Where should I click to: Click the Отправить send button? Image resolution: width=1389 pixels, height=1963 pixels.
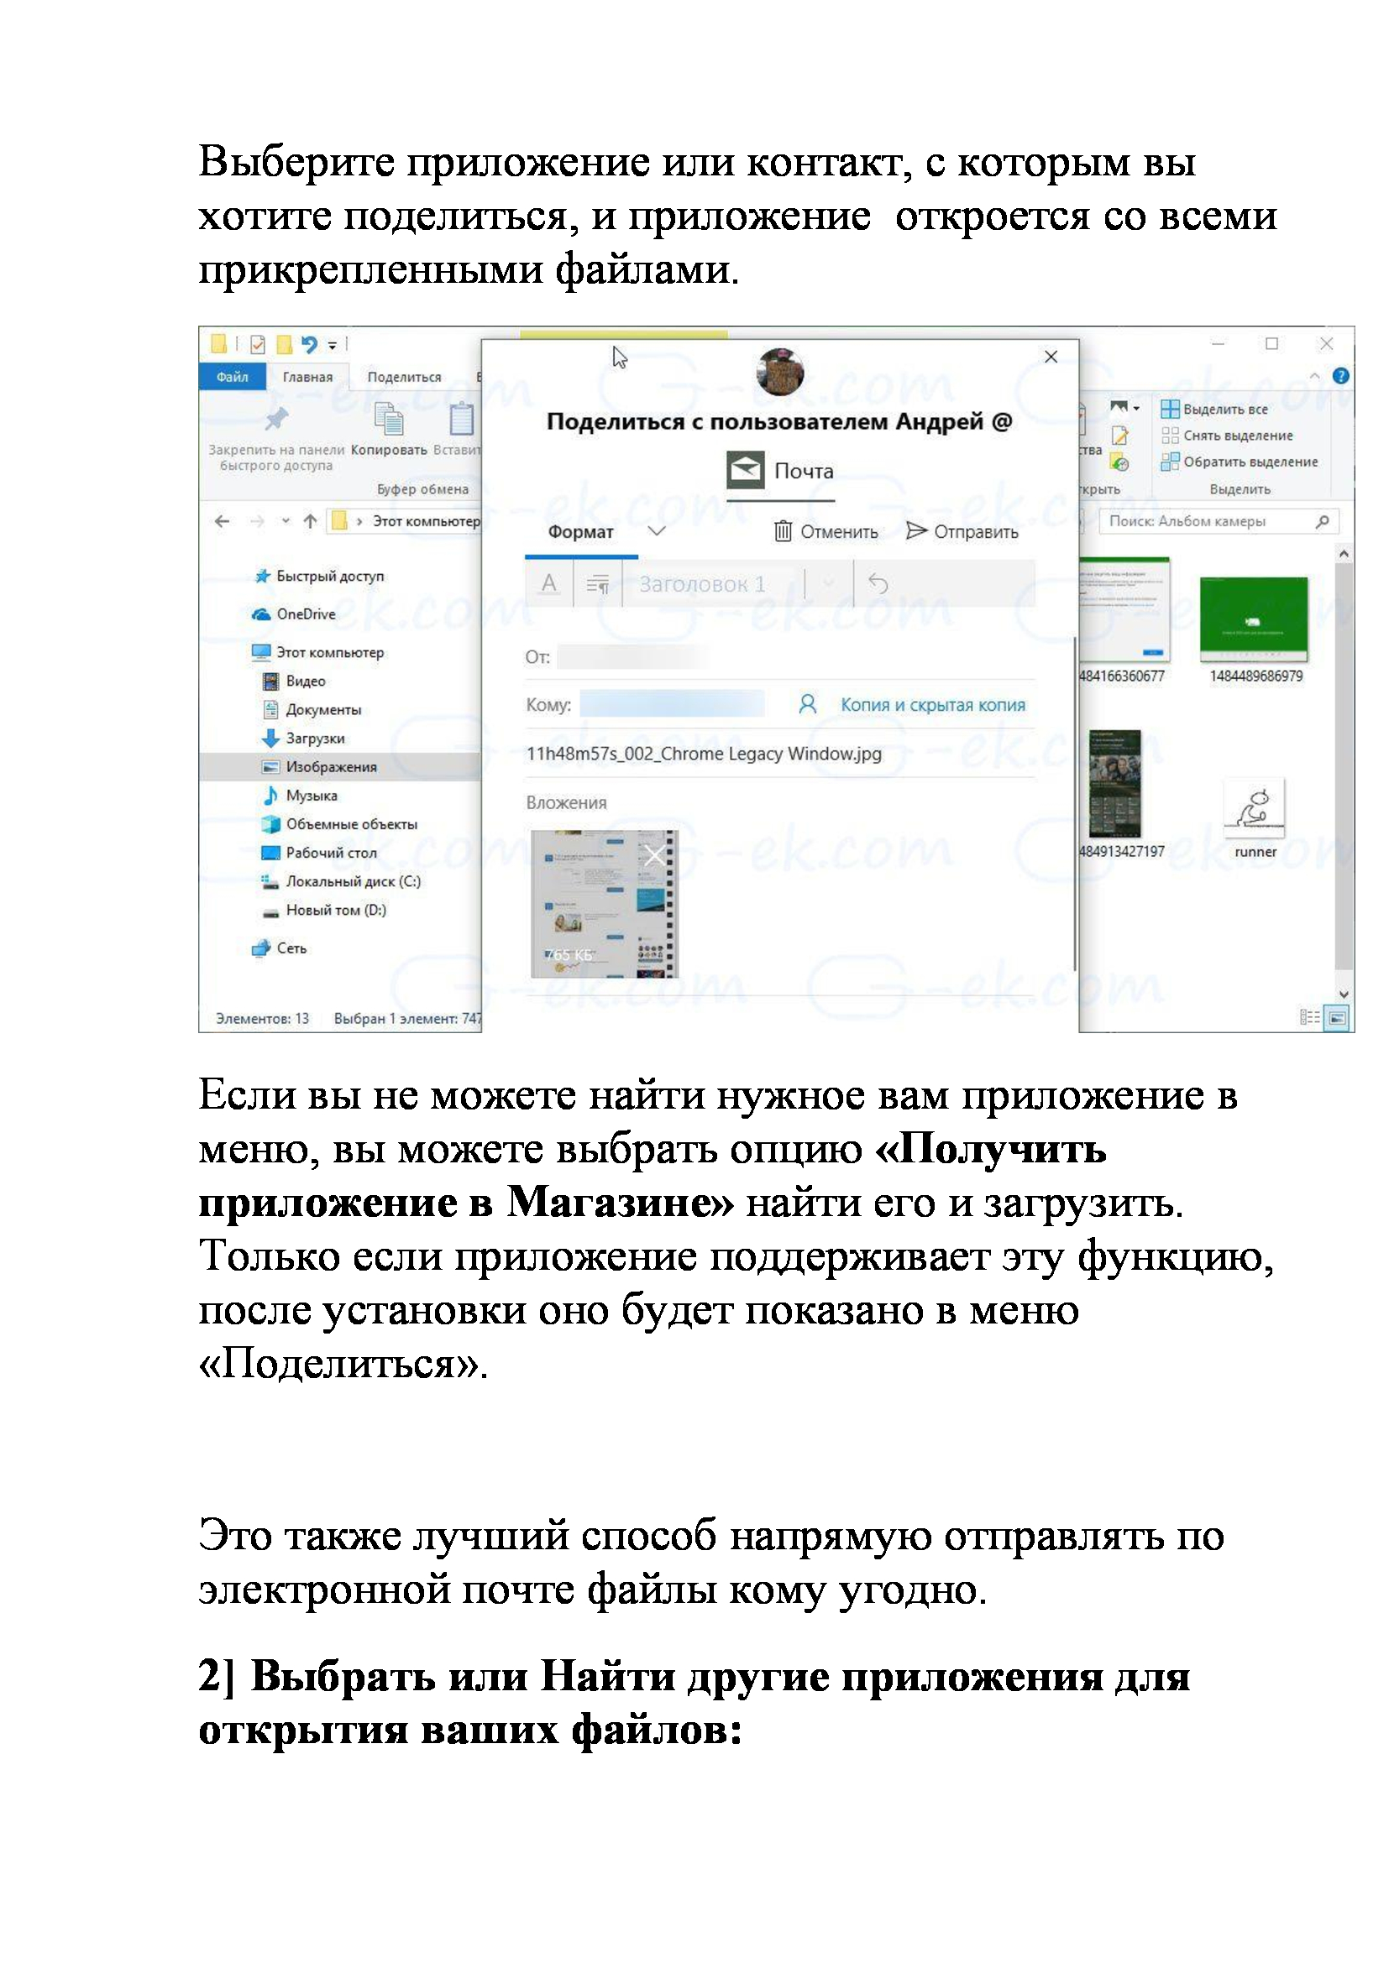[x=962, y=532]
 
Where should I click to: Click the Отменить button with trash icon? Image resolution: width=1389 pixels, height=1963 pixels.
[x=826, y=532]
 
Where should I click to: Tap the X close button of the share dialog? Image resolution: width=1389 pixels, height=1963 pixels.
[x=1051, y=357]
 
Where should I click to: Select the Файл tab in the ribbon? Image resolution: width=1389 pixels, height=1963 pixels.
[x=232, y=377]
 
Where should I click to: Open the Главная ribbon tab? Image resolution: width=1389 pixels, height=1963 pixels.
[x=307, y=377]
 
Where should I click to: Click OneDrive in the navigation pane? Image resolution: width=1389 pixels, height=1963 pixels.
[x=306, y=613]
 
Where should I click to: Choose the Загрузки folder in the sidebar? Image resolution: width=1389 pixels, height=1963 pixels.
[x=315, y=738]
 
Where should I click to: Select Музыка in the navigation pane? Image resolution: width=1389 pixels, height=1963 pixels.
[x=312, y=795]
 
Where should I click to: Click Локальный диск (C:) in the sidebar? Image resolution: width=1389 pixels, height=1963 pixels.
[x=353, y=881]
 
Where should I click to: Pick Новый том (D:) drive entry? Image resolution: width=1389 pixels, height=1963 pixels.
[x=335, y=910]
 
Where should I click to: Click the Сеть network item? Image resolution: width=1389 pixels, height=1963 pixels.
[x=291, y=948]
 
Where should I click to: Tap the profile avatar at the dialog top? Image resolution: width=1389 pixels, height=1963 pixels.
[x=780, y=372]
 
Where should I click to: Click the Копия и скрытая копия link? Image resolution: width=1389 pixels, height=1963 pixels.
[x=932, y=704]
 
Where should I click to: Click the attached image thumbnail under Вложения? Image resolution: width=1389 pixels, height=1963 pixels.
[x=604, y=904]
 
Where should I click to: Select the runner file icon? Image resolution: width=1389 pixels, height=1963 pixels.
[x=1255, y=807]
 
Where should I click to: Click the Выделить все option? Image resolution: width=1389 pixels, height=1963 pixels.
[x=1224, y=410]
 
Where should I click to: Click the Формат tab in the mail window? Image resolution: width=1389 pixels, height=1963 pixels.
[x=581, y=532]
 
